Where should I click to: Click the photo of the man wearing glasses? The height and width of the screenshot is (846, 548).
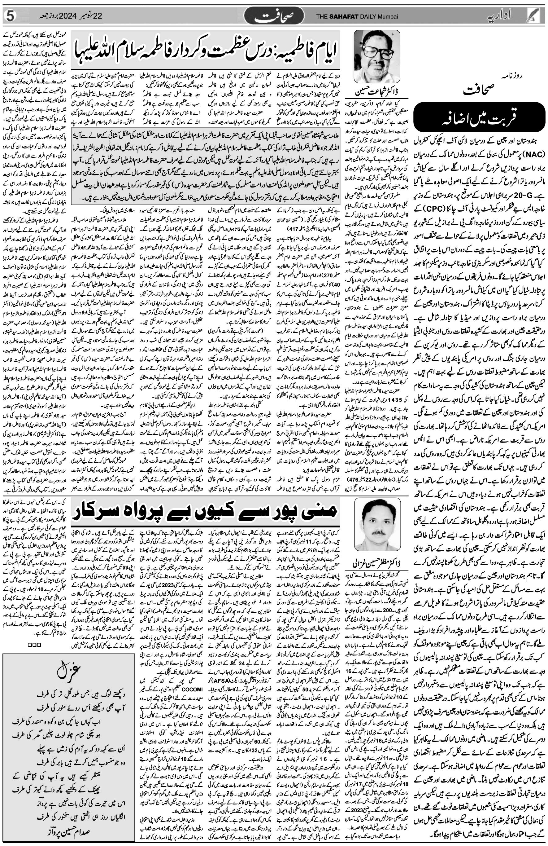[x=377, y=56]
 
